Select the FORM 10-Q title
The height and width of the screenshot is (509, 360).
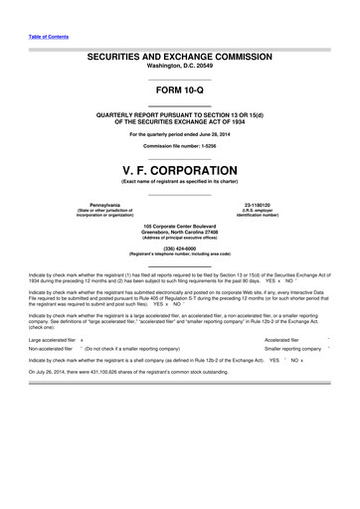[x=180, y=91]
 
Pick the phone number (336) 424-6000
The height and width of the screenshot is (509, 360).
[x=180, y=249]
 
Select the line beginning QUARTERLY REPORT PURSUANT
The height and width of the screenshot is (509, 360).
[x=180, y=115]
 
